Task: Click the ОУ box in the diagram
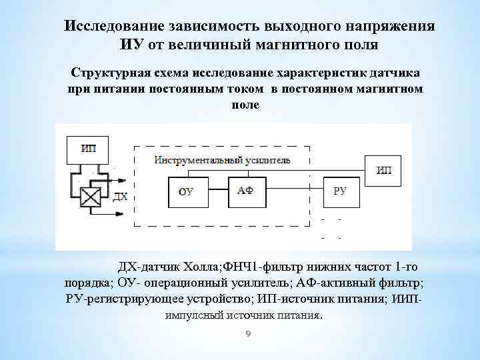point(187,191)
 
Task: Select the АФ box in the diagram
point(246,190)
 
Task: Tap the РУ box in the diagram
point(341,191)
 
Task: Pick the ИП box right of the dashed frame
point(384,170)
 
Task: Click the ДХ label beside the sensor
point(120,197)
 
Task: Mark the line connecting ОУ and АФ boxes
point(217,190)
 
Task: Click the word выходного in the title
point(300,26)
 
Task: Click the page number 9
point(247,335)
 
